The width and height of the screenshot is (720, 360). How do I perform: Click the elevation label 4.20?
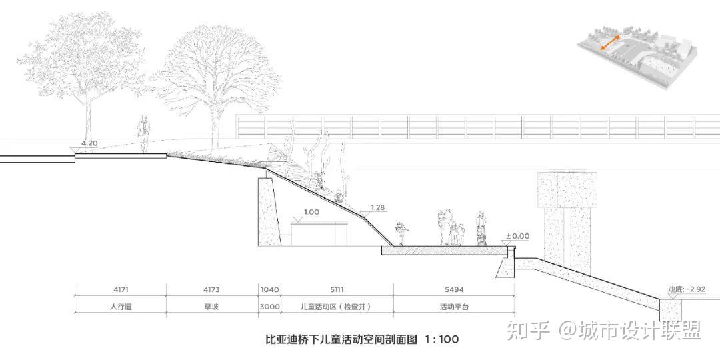point(89,143)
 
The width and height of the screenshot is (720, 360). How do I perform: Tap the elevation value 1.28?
point(377,207)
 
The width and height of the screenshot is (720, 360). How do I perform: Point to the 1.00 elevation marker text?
point(311,212)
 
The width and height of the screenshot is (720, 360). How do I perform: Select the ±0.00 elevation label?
point(517,236)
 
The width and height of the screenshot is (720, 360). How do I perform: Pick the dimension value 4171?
point(120,290)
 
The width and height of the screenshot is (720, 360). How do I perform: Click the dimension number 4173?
point(211,290)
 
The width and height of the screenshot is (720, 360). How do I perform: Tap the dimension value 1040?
point(270,290)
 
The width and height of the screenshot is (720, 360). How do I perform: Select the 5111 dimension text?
point(335,290)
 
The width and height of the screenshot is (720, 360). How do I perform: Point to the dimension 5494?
point(453,290)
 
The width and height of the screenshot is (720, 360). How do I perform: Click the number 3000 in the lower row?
point(270,307)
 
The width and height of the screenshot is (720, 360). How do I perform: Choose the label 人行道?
point(120,307)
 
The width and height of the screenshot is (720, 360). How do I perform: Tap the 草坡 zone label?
point(211,307)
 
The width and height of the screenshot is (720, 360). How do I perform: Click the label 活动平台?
point(453,307)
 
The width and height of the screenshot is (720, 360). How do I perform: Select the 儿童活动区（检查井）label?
point(335,307)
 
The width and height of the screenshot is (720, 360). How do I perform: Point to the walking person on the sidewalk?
point(142,134)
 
